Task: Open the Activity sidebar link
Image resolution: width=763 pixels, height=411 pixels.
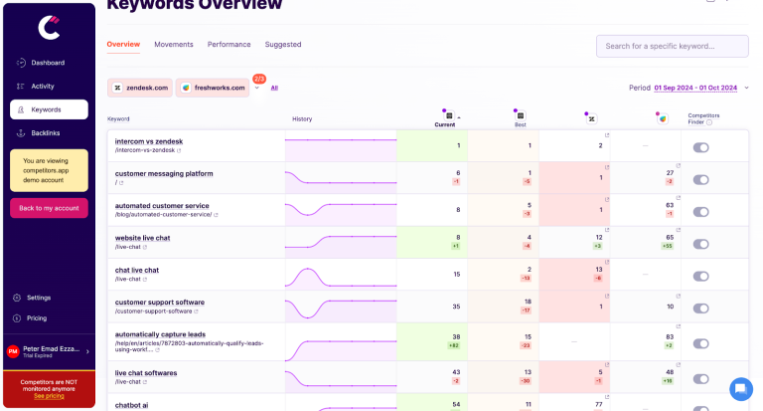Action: click(43, 87)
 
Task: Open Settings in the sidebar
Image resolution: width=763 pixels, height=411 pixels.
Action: click(39, 298)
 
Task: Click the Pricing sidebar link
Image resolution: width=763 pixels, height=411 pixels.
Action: click(37, 318)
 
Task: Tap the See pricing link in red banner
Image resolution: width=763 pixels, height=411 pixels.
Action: click(48, 396)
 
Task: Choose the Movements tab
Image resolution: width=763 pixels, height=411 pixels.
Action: click(174, 45)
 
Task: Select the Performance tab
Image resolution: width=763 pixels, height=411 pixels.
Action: click(229, 45)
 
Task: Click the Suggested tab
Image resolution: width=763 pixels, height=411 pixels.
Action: click(283, 45)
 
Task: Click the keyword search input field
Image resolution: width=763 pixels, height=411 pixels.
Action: click(671, 46)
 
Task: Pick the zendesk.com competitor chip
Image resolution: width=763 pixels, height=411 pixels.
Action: click(139, 88)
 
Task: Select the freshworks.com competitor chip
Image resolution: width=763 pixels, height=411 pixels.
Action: click(212, 88)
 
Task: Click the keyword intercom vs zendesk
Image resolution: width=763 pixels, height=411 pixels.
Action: click(149, 141)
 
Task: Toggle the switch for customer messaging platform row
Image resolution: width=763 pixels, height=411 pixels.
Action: click(701, 180)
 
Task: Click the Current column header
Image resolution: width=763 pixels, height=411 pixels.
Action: click(446, 125)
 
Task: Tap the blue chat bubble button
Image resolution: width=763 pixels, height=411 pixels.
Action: click(741, 388)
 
